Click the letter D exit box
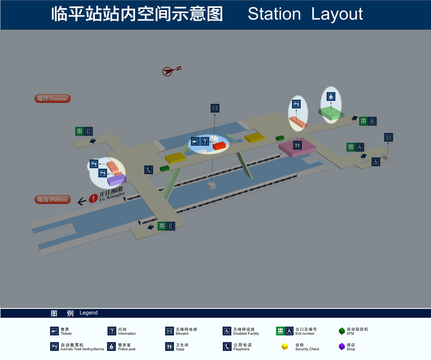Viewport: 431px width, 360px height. (x=88, y=131)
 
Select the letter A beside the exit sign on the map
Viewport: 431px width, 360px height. (x=360, y=147)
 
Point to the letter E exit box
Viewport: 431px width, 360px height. (x=171, y=226)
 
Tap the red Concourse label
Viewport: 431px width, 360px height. (x=52, y=99)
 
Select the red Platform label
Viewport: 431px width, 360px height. (x=52, y=199)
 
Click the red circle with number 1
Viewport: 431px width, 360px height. (x=93, y=199)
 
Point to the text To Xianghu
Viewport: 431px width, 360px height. (x=112, y=197)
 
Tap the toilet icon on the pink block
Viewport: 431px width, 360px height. (x=297, y=145)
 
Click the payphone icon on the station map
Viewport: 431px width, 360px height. (x=149, y=170)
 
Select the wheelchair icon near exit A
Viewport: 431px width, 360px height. (x=376, y=161)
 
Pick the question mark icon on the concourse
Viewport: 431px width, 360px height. (x=205, y=141)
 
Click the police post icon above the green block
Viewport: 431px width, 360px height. (x=331, y=96)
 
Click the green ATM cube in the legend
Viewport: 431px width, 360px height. (x=342, y=331)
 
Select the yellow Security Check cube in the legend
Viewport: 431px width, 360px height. (x=285, y=346)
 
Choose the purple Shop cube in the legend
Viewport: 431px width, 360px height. (x=342, y=346)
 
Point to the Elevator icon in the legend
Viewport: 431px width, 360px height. (x=169, y=331)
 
